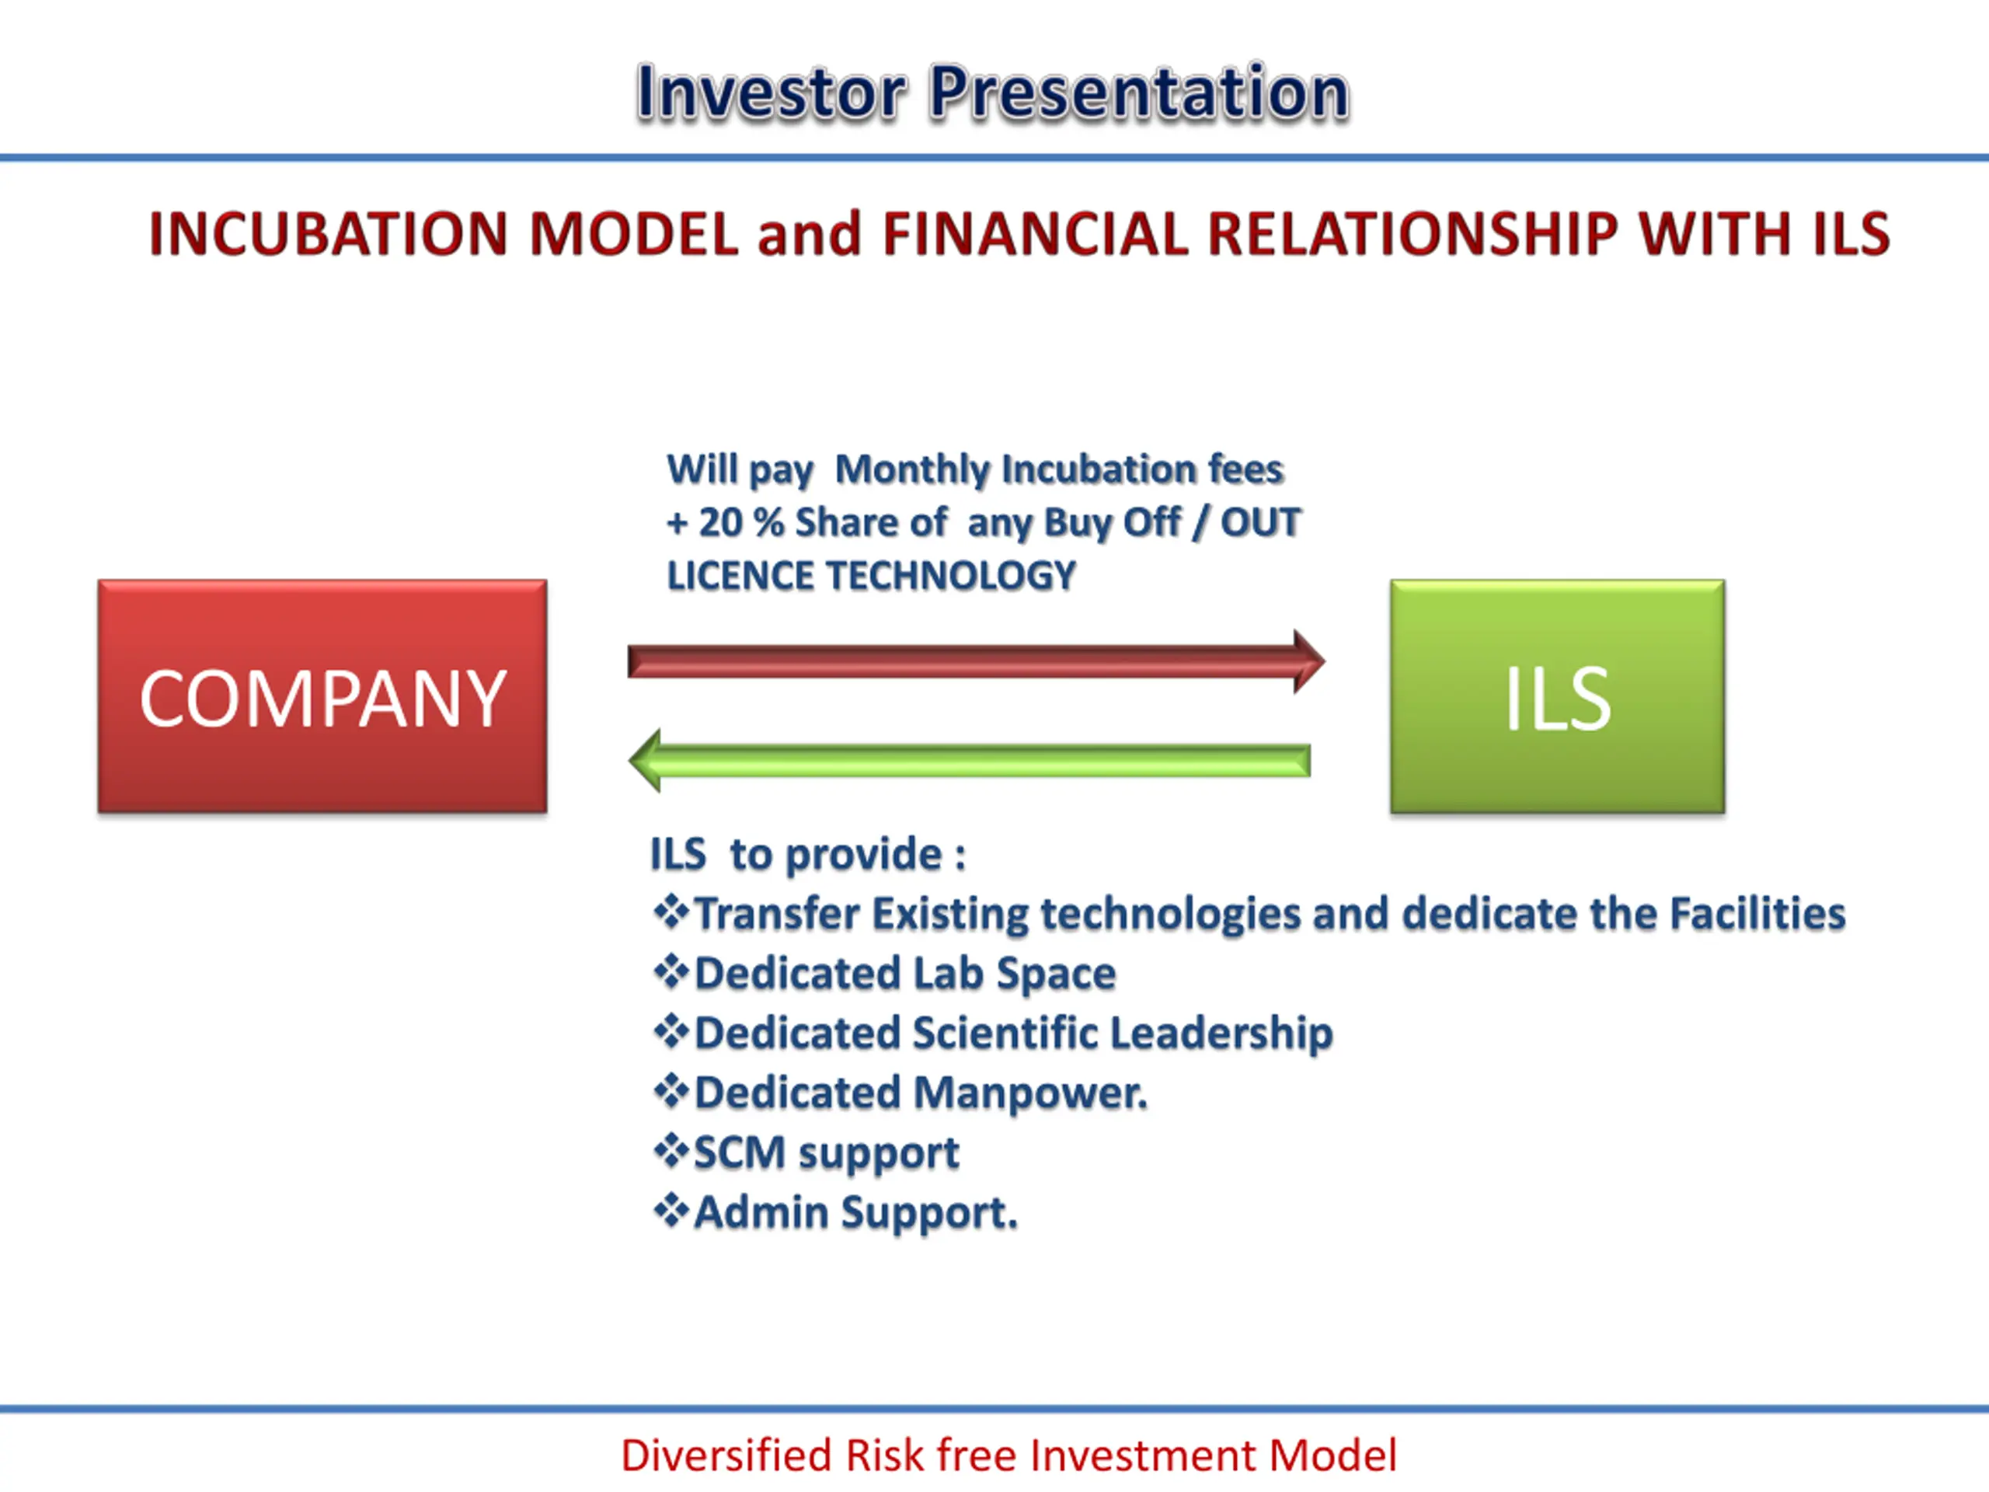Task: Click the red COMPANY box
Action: [322, 696]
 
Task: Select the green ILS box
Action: [1557, 696]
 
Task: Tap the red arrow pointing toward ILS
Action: [976, 661]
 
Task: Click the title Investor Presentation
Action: [993, 92]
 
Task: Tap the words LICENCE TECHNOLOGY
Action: [870, 576]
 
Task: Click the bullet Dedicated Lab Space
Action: [904, 973]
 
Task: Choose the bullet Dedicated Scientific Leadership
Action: [1013, 1033]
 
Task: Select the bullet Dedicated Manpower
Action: [921, 1093]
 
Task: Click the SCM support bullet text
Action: [827, 1153]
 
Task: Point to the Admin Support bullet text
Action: [856, 1212]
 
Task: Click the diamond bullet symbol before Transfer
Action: [671, 913]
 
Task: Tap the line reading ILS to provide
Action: [808, 854]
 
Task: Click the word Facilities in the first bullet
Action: [1758, 914]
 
